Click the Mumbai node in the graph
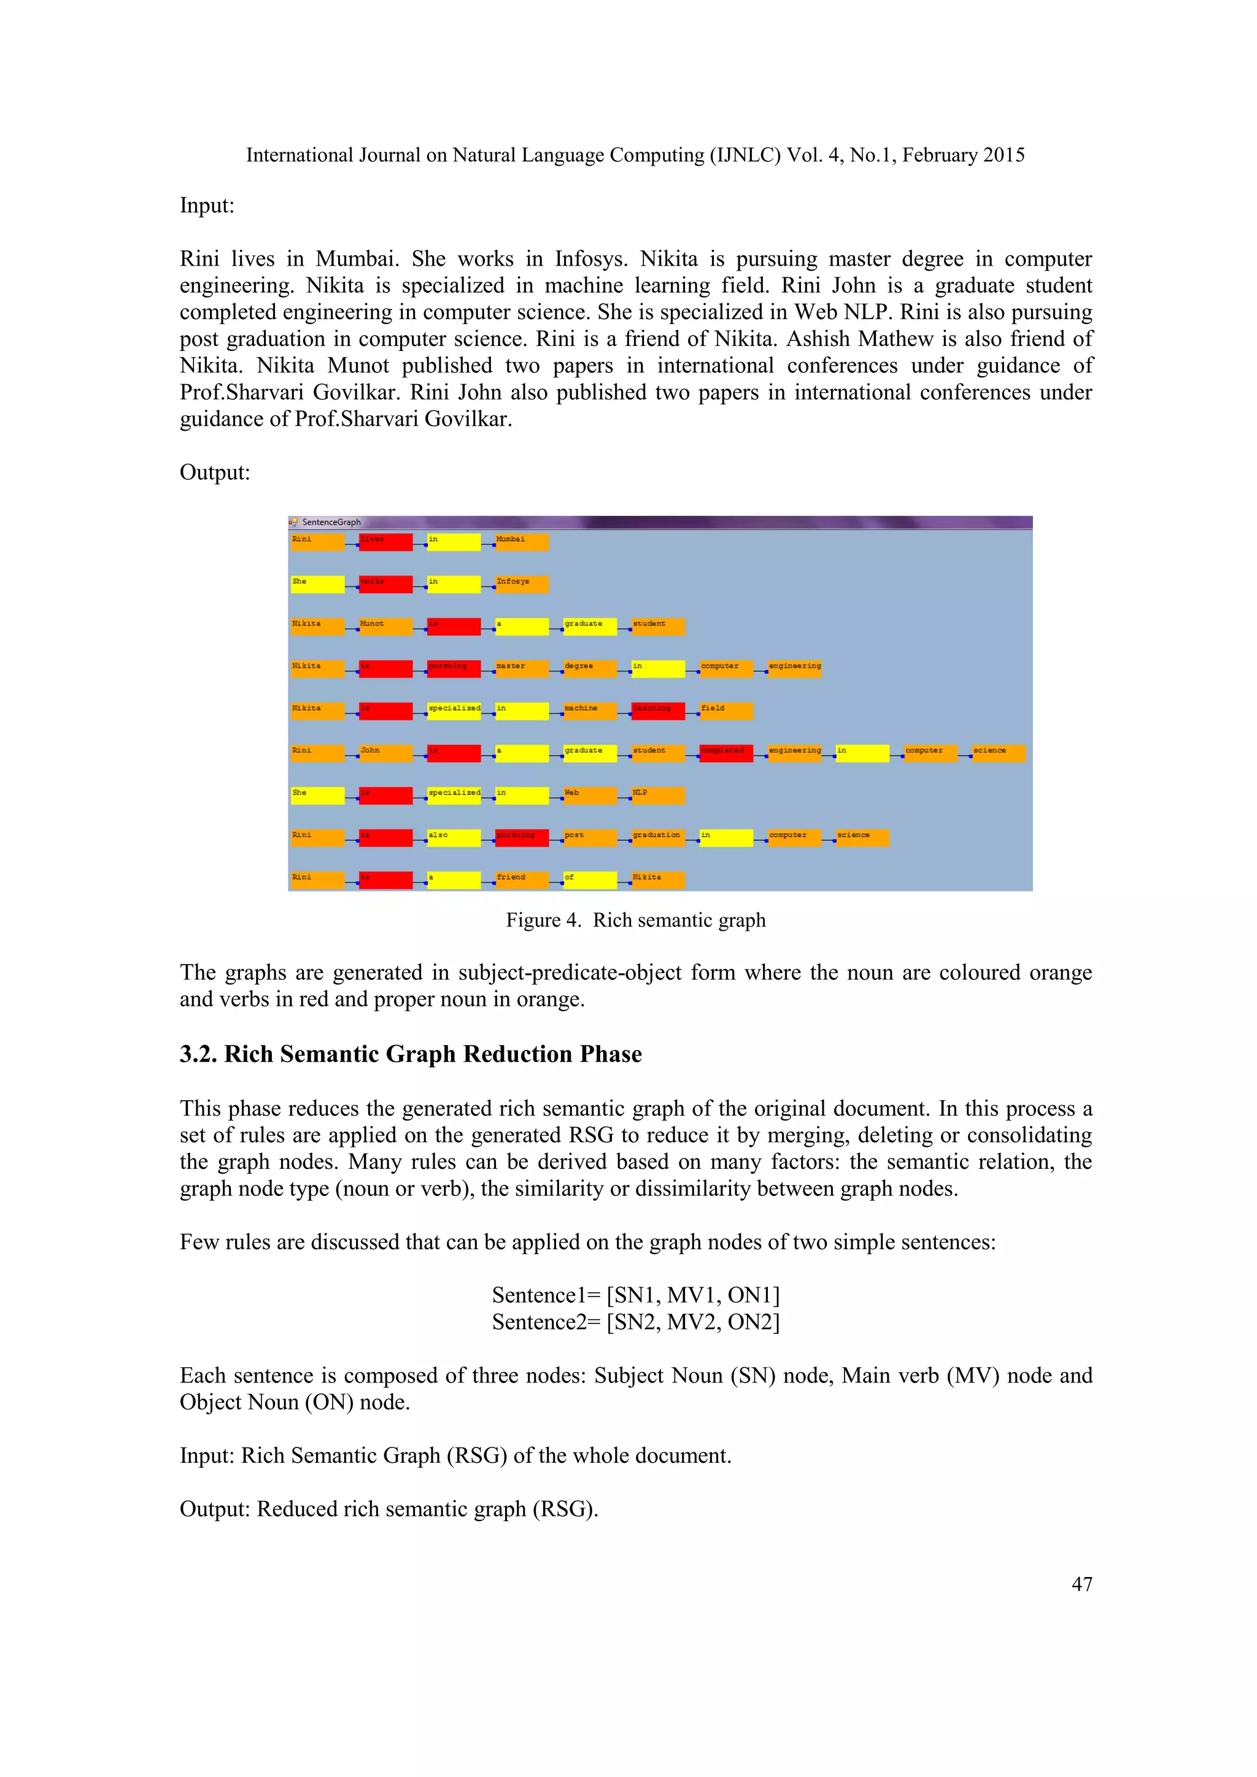pyautogui.click(x=522, y=542)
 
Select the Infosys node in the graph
pyautogui.click(x=522, y=584)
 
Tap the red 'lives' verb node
pyautogui.click(x=385, y=542)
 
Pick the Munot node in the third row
pyautogui.click(x=385, y=626)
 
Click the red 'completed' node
pyautogui.click(x=726, y=753)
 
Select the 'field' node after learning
pyautogui.click(x=726, y=711)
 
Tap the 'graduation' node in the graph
pyautogui.click(x=658, y=838)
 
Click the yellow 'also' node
pyautogui.click(x=454, y=838)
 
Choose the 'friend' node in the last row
pyautogui.click(x=522, y=880)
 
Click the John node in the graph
pyautogui.click(x=385, y=753)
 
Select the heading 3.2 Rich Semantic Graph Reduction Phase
pyautogui.click(x=410, y=1054)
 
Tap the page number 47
pyautogui.click(x=1081, y=1584)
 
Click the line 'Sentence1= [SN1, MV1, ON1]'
pyautogui.click(x=635, y=1295)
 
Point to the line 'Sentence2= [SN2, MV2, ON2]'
pyautogui.click(x=635, y=1322)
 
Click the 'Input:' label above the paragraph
pyautogui.click(x=207, y=206)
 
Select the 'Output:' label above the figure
pyautogui.click(x=214, y=472)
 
